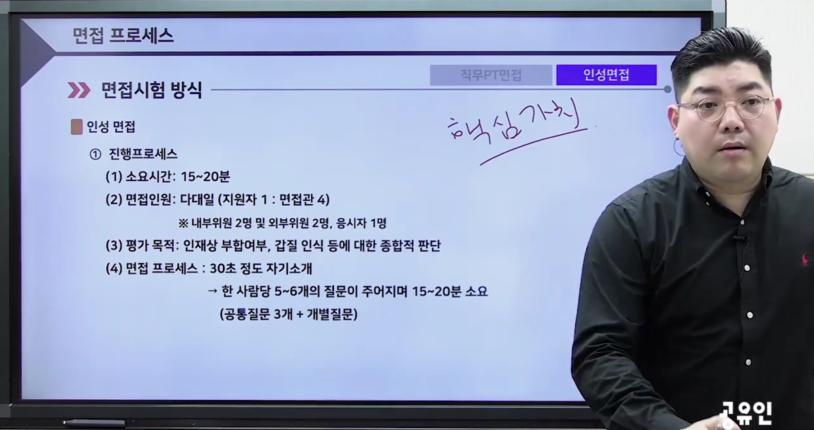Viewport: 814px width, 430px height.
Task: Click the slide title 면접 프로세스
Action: (x=123, y=35)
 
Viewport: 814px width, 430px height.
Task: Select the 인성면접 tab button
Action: (x=606, y=75)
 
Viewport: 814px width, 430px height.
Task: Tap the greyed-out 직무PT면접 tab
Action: (x=491, y=75)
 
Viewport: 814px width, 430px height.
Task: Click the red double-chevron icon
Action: (x=79, y=90)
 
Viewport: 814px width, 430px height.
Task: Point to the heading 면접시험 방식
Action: (x=151, y=90)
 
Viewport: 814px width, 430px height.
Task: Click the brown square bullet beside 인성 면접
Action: (x=76, y=127)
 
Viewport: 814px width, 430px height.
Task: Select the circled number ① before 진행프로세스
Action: (x=95, y=154)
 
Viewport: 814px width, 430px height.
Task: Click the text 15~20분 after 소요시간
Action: (x=206, y=177)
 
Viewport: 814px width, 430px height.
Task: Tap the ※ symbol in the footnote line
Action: (x=183, y=223)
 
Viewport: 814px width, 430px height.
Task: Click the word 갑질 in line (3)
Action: (x=286, y=246)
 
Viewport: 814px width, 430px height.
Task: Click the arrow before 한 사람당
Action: (x=213, y=291)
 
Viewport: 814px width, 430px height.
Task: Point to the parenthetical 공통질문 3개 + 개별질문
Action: (x=289, y=314)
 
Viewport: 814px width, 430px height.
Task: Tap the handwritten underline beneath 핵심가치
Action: (x=533, y=146)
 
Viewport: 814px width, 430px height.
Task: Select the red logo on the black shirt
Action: (x=805, y=259)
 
